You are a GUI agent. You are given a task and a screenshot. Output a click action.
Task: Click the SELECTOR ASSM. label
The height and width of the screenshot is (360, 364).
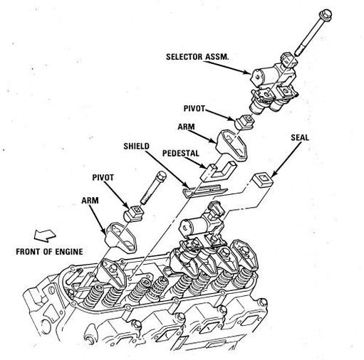click(197, 57)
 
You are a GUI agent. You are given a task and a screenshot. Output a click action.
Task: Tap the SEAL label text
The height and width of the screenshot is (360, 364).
click(300, 138)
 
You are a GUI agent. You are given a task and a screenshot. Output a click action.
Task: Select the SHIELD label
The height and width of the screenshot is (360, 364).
click(136, 146)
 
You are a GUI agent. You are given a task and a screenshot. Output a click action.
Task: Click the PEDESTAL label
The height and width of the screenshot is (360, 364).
click(181, 153)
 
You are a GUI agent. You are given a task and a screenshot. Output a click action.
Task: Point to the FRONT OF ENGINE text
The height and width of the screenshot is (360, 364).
click(49, 252)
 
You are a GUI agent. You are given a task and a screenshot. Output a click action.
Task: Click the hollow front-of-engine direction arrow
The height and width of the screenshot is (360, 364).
click(45, 235)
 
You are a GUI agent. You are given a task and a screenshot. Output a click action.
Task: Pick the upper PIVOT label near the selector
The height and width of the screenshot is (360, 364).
click(194, 108)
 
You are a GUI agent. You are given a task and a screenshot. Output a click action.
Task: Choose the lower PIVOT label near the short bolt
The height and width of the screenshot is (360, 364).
click(103, 178)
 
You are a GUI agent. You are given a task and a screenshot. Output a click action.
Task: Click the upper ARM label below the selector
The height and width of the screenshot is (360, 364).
click(186, 127)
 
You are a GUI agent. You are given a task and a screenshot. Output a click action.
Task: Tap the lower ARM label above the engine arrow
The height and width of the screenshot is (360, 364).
click(90, 201)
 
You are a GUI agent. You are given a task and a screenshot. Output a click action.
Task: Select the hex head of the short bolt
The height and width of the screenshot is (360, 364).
click(160, 176)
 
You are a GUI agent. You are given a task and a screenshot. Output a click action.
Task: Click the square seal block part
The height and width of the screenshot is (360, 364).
click(262, 179)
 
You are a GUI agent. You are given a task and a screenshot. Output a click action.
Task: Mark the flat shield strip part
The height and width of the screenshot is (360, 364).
click(204, 190)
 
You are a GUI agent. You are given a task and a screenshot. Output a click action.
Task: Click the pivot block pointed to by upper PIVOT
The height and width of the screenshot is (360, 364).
click(244, 122)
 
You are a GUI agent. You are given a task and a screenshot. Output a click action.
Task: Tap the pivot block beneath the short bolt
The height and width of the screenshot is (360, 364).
click(133, 213)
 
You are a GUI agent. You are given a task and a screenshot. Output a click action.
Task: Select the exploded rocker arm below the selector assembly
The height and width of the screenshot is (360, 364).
click(232, 146)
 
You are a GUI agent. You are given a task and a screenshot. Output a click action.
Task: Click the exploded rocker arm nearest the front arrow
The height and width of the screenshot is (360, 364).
click(121, 236)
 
